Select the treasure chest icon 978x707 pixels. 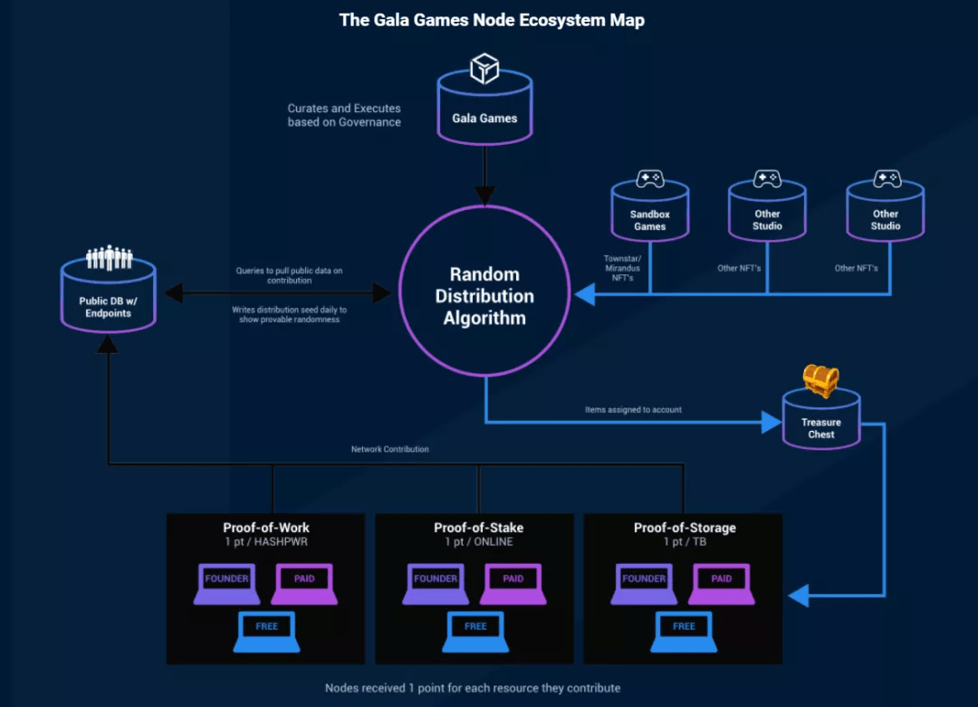[x=820, y=381]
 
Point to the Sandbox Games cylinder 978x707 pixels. [x=649, y=215]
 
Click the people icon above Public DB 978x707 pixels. [x=109, y=258]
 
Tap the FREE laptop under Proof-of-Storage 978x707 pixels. [x=684, y=631]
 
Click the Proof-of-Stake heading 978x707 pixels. [x=478, y=528]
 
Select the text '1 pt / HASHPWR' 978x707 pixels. [x=269, y=542]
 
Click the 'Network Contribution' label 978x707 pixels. [x=390, y=449]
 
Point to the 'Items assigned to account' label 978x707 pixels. [x=633, y=410]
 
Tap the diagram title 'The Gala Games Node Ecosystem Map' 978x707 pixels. [x=492, y=20]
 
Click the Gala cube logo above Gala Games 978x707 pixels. [x=484, y=69]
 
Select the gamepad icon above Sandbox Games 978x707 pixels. [x=649, y=178]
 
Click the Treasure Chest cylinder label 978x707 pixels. [x=820, y=428]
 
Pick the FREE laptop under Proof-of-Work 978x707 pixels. [x=267, y=631]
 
